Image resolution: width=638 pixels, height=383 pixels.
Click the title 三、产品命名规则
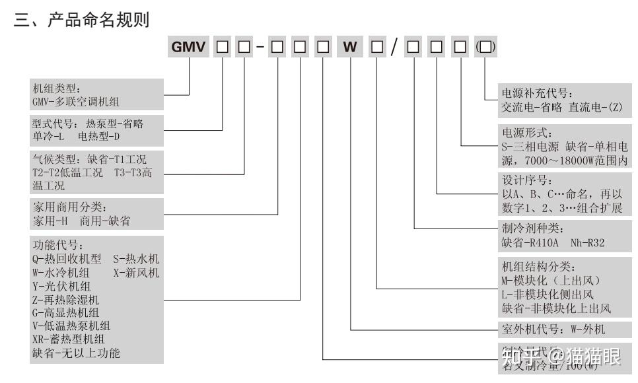(82, 20)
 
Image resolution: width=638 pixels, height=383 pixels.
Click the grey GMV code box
(190, 48)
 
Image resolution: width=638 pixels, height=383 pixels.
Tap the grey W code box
(350, 48)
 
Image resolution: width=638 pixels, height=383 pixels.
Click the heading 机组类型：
(55, 88)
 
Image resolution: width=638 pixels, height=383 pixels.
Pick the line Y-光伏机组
(62, 286)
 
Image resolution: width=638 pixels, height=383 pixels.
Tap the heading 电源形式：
(526, 133)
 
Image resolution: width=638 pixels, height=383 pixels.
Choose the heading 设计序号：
(526, 181)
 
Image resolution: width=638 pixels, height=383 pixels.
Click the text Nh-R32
(588, 243)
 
